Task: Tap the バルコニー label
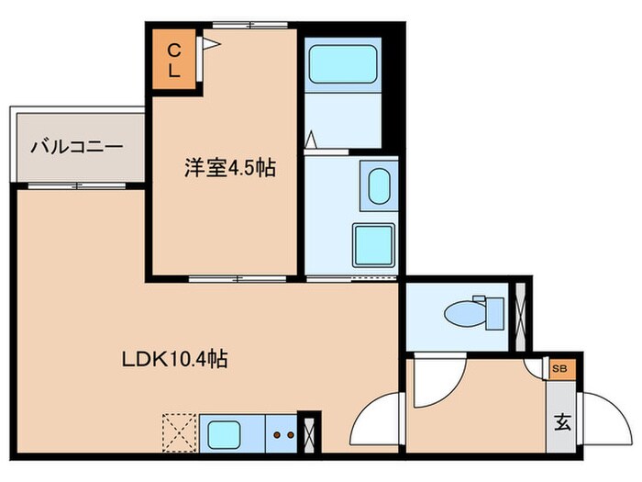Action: click(77, 145)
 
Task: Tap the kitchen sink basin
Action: click(225, 432)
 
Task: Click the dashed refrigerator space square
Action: click(179, 432)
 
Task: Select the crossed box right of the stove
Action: click(309, 432)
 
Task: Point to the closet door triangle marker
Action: click(209, 41)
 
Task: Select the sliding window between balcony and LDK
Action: click(77, 185)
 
